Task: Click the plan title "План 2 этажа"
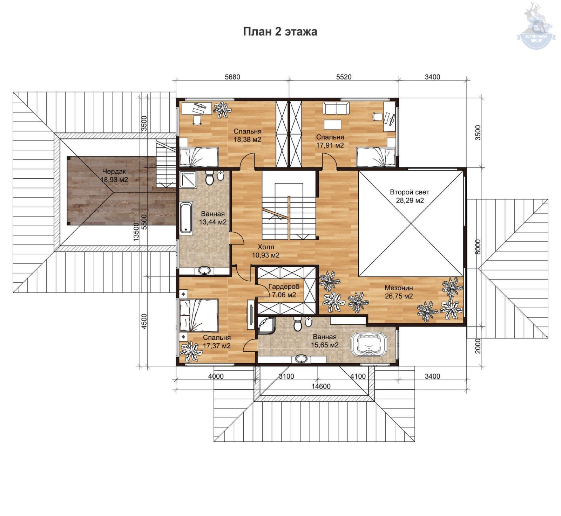click(280, 32)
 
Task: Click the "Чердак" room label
click(114, 172)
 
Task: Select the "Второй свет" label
click(410, 192)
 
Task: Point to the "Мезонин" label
click(399, 288)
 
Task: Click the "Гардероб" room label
click(284, 287)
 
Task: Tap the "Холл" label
click(266, 247)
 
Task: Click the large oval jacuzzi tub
click(369, 344)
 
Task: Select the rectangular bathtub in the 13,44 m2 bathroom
click(186, 218)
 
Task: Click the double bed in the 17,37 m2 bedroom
click(199, 315)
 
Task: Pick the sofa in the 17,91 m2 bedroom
click(336, 108)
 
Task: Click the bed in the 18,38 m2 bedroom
click(199, 157)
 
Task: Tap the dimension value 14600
click(321, 386)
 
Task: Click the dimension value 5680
click(232, 77)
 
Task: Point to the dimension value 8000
click(478, 247)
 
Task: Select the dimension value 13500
click(136, 232)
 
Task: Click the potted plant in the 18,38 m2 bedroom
click(222, 110)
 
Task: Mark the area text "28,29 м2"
click(410, 201)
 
